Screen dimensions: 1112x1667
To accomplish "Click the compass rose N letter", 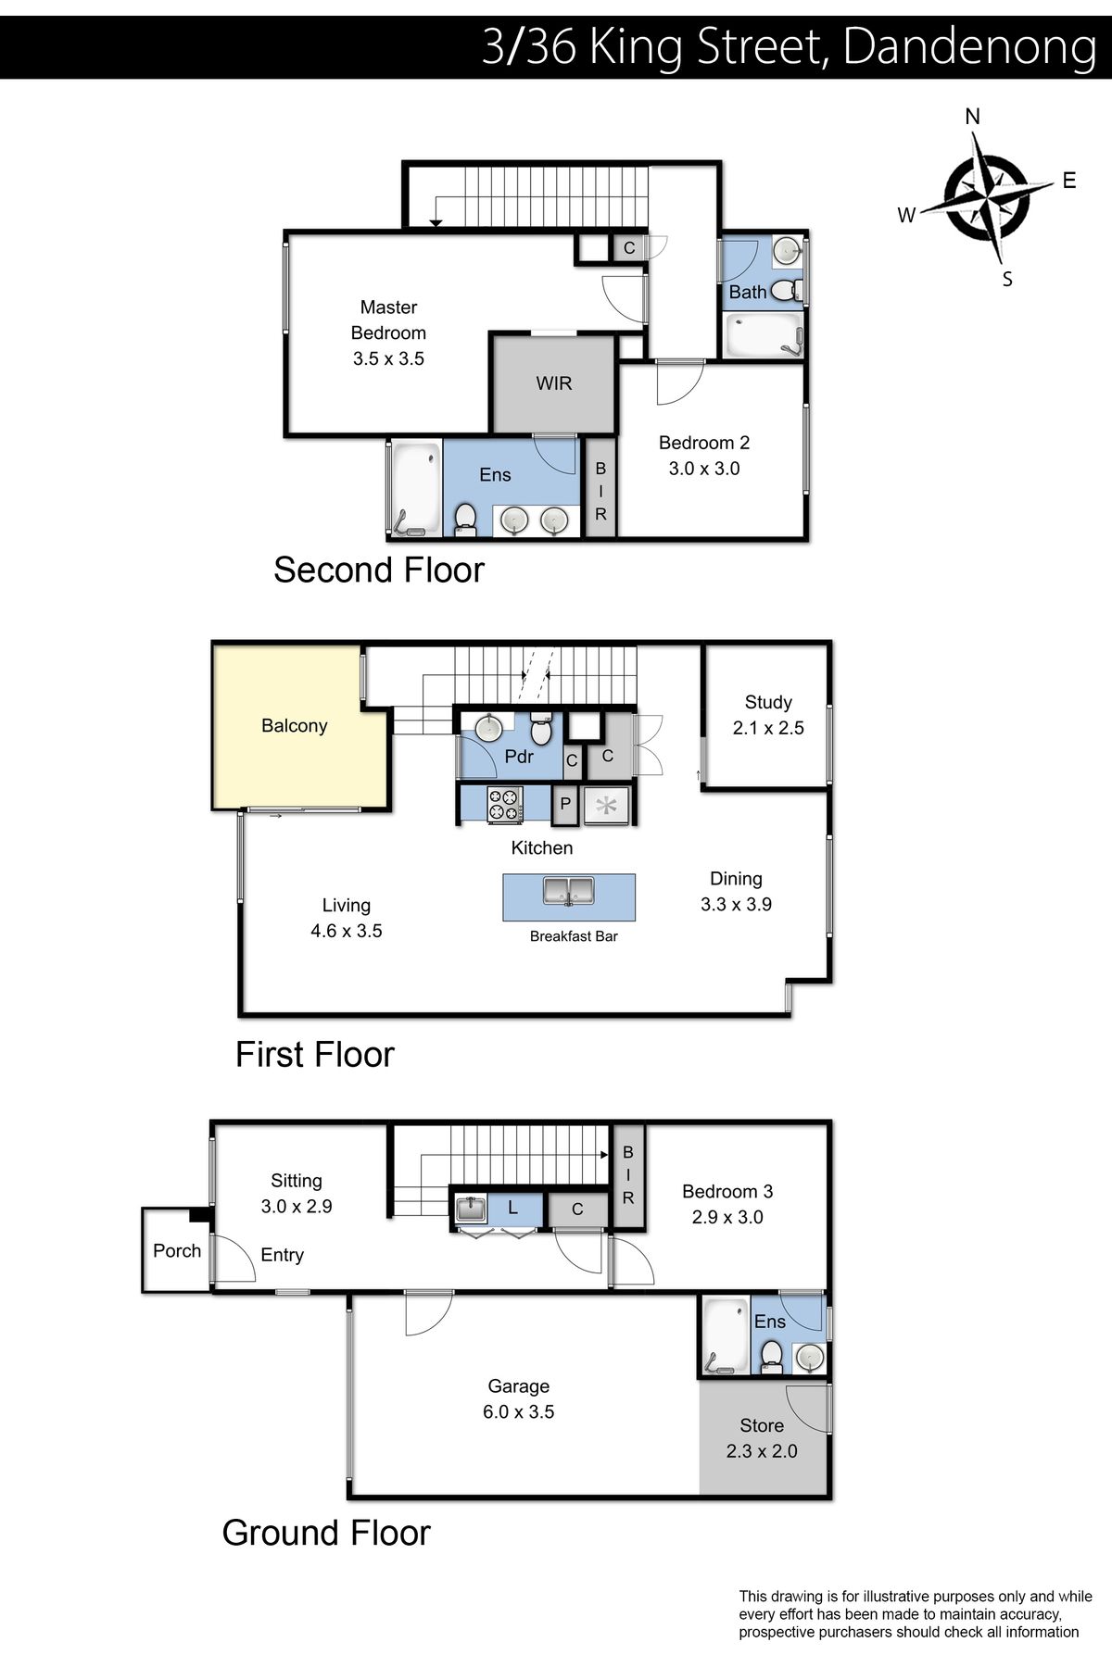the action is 972,117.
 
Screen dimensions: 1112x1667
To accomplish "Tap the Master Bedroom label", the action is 388,320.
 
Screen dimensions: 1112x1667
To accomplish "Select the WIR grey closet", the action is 553,382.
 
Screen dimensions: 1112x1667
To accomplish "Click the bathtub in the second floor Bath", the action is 763,335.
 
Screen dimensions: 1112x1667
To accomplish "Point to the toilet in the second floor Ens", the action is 465,520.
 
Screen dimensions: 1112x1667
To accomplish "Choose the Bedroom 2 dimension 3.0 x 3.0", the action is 704,469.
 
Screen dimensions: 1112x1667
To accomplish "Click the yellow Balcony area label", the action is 294,726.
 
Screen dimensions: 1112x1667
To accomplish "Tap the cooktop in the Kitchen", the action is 505,804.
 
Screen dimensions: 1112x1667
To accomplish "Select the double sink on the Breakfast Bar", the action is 569,892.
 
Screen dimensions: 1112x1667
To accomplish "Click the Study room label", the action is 768,702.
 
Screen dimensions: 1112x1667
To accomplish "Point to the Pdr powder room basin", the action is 488,727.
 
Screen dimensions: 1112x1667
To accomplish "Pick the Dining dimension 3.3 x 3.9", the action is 736,905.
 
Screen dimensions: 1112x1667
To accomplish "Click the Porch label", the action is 177,1251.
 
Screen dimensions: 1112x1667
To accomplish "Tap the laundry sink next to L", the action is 472,1209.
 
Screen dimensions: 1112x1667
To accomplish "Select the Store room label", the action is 762,1425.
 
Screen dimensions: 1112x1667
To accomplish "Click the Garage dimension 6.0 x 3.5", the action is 518,1412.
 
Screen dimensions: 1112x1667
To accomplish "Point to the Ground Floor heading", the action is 326,1534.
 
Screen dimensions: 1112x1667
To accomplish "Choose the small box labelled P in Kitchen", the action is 565,804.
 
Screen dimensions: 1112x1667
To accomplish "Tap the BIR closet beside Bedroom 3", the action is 628,1176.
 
